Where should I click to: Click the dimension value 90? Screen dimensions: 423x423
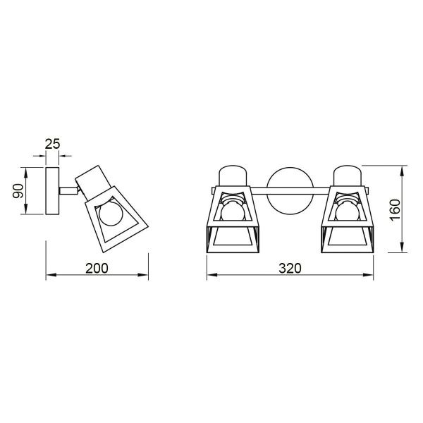20,190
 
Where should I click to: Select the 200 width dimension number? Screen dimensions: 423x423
98,268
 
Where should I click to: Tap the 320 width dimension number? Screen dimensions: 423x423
289,268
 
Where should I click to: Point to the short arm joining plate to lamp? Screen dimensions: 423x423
69,189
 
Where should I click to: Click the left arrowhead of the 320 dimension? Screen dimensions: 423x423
209,277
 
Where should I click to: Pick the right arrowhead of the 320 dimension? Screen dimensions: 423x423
369,277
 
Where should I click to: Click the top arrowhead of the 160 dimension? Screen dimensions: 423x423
403,170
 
